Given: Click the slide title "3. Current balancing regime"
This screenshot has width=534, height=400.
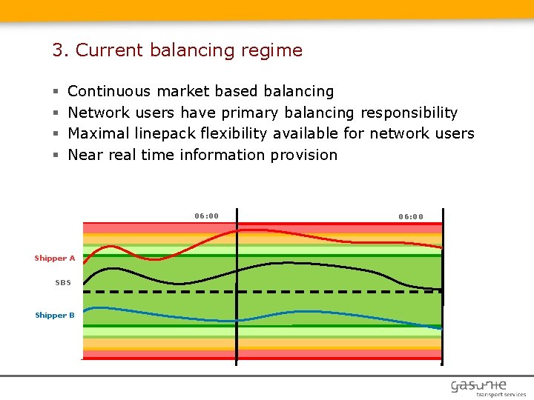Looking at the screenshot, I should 177,50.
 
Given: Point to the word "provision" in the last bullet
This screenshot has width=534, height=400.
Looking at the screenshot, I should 303,155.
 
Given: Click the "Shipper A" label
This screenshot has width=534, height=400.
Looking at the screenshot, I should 55,259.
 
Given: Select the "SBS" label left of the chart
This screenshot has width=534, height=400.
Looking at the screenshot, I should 63,283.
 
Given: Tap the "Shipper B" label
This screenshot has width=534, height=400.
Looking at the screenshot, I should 55,316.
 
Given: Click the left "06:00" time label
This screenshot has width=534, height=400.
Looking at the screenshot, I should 207,216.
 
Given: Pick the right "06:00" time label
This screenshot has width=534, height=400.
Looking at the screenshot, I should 411,217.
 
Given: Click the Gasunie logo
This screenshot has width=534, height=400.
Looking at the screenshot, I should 479,385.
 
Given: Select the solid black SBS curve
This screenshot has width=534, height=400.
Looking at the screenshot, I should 297,263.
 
